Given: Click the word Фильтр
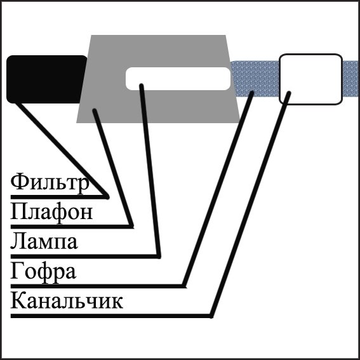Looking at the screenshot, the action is click(50, 184).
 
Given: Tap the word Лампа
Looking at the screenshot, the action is click(44, 241).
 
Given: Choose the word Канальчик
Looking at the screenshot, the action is click(67, 300).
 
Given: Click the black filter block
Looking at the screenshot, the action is click(46, 79).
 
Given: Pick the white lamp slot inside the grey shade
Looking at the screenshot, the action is click(178, 79).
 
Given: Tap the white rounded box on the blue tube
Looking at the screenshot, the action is click(310, 79).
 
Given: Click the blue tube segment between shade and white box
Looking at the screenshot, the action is click(255, 79).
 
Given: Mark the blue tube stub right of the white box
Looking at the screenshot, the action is click(351, 79).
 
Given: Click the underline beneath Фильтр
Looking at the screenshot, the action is click(59, 197).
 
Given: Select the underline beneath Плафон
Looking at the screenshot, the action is click(72, 227).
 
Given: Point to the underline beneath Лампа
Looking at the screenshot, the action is click(86, 257).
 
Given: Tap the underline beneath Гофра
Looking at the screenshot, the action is click(98, 286).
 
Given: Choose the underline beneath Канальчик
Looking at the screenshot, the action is click(111, 316).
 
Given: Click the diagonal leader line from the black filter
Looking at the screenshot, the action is click(62, 150).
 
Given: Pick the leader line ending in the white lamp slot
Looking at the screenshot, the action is click(150, 171).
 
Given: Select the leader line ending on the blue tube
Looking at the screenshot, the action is click(218, 189).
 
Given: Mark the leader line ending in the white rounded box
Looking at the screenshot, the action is click(251, 204).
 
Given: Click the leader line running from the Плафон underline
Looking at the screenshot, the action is click(113, 168).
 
